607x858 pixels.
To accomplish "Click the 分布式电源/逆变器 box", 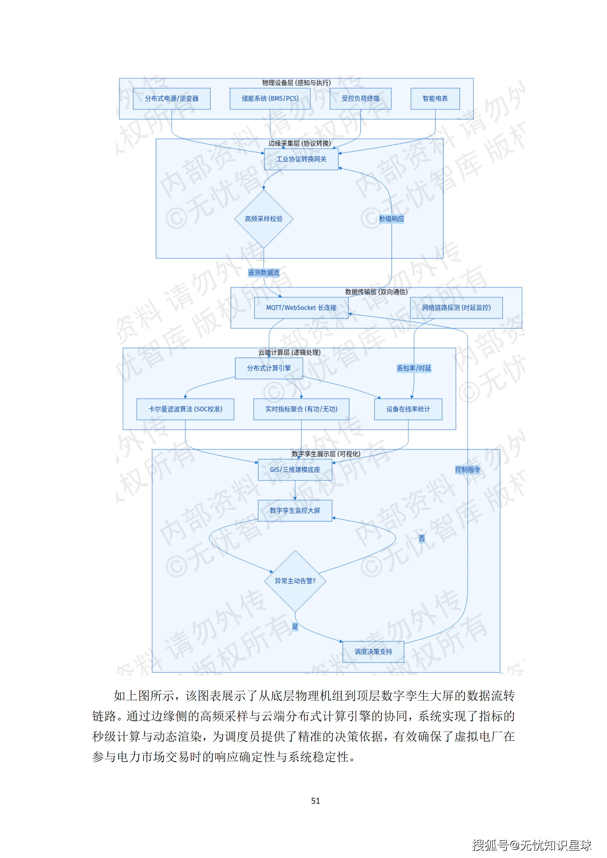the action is [x=172, y=99].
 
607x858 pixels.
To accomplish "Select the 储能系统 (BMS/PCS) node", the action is [x=270, y=99].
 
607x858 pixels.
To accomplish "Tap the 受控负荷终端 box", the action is [x=360, y=99].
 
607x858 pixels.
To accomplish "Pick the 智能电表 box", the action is [x=435, y=99].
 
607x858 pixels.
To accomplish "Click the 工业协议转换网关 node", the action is [x=301, y=159].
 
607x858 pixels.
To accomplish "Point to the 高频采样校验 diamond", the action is [x=264, y=219].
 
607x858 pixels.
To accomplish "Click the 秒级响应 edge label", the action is [x=391, y=219].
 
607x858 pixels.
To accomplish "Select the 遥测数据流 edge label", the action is [x=264, y=273].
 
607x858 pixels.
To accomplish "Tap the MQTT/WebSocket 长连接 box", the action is [x=301, y=308].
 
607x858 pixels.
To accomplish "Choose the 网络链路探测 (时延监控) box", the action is [x=456, y=308].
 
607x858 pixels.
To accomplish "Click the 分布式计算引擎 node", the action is [x=269, y=368].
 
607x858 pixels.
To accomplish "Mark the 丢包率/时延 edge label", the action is [x=414, y=368].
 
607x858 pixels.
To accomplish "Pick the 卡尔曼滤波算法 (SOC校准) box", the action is [x=185, y=409].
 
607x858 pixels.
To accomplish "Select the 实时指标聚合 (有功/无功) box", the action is [x=301, y=409].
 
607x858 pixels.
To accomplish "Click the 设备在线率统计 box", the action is [x=408, y=409].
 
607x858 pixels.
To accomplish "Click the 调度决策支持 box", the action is [x=373, y=652].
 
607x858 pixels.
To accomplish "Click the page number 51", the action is [x=315, y=801].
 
